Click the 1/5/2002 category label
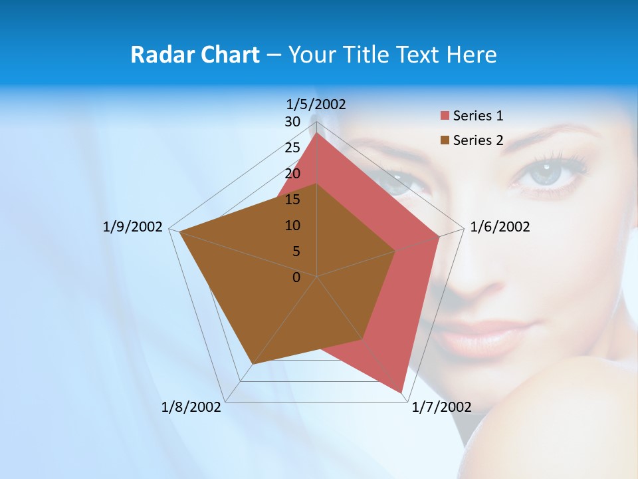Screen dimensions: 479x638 pos(316,104)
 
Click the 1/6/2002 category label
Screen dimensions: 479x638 pos(500,227)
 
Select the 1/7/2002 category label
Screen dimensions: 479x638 pos(441,407)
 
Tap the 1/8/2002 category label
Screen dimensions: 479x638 pos(191,407)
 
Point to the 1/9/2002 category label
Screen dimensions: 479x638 pos(132,227)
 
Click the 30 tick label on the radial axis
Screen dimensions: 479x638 pos(292,122)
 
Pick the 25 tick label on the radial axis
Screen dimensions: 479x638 pos(292,148)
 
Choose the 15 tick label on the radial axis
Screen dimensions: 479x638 pos(292,200)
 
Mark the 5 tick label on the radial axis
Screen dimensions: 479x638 pos(296,251)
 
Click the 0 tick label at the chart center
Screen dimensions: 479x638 pos(296,277)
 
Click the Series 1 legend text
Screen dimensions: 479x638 pos(478,116)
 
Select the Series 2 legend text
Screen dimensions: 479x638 pos(478,140)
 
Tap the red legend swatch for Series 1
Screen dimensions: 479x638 pos(445,116)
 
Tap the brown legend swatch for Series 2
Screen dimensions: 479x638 pos(445,140)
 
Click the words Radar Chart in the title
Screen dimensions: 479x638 pos(195,55)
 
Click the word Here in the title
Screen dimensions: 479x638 pos(472,55)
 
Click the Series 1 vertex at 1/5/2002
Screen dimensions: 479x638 pos(317,133)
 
